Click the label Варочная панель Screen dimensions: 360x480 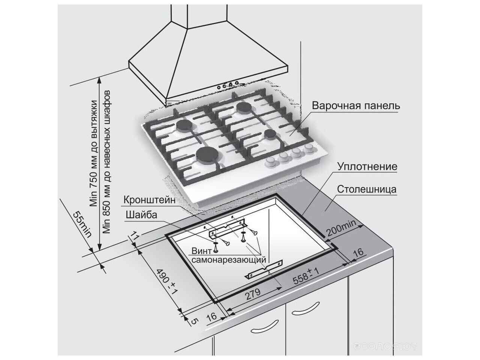(x=356, y=106)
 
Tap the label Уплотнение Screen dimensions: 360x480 (x=367, y=166)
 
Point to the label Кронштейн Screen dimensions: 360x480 (x=149, y=200)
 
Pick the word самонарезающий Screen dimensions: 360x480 (x=229, y=259)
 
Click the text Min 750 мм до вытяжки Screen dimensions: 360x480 (x=93, y=154)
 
